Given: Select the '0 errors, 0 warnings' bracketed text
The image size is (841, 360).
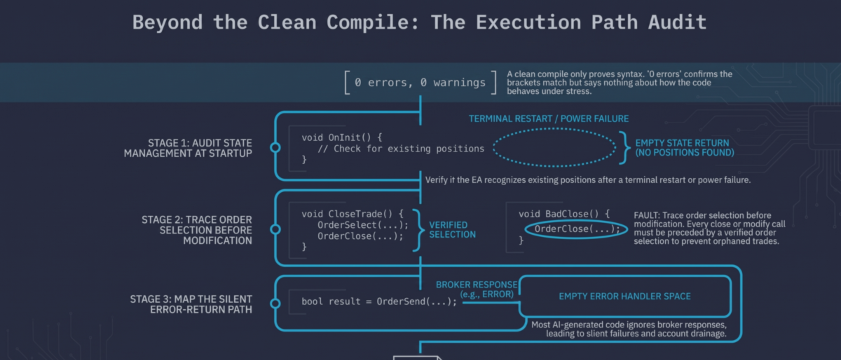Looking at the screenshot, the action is click(x=420, y=83).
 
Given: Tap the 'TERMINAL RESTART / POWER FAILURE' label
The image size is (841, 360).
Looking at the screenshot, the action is click(x=549, y=119).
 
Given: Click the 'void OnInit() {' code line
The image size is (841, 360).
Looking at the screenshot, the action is click(x=343, y=137).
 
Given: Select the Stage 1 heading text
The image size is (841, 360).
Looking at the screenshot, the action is click(x=188, y=148).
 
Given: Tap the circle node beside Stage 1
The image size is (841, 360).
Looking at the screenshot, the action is click(x=275, y=148).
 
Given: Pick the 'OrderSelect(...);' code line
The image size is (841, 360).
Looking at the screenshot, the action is click(x=363, y=225).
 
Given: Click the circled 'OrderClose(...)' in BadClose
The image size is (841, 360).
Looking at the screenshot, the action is click(x=576, y=229).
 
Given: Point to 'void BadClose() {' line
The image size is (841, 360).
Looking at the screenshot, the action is click(x=564, y=214).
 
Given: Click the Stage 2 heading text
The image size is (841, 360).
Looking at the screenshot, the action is click(x=197, y=230).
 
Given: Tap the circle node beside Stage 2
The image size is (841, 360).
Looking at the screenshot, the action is click(x=275, y=230).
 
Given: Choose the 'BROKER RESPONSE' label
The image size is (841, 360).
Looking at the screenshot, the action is click(x=476, y=284).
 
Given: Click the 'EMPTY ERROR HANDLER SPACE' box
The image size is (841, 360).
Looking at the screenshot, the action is click(x=625, y=296).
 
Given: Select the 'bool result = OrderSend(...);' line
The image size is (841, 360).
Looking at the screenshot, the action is click(x=379, y=302).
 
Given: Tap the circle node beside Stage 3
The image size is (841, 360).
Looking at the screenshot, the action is click(x=275, y=304).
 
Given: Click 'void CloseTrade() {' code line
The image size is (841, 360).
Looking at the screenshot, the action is click(x=352, y=214).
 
